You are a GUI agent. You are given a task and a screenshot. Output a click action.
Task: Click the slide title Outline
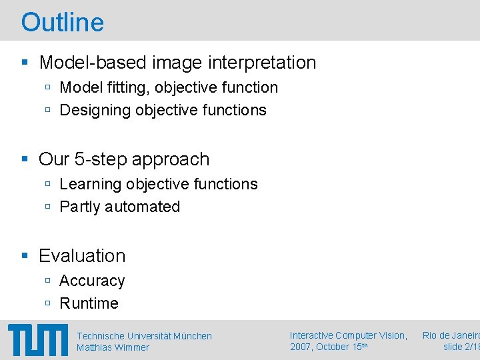pos(63,22)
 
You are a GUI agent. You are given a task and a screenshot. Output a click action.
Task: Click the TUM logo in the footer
pos(37,340)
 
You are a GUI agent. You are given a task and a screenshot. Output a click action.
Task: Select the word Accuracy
pos(92,281)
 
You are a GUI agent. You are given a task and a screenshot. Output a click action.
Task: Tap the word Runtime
pos(89,303)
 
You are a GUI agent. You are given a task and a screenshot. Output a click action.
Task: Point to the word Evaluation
pos(82,256)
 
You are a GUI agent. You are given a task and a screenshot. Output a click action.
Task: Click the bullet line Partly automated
pos(119,207)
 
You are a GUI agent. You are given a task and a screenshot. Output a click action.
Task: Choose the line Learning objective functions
pos(158,184)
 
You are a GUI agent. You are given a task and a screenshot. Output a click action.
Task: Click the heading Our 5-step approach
pos(124,159)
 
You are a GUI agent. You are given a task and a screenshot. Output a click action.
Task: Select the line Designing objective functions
pos(163,110)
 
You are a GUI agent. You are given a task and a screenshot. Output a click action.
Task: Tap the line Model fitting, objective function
pos(169,87)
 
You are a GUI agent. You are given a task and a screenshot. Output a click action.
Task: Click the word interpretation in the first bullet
pos(262,63)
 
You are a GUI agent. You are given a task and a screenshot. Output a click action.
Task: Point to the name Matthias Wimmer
pos(113,347)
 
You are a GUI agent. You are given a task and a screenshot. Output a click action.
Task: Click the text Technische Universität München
pos(144,336)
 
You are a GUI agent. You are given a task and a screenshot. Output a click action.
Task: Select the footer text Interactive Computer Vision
pos(348,335)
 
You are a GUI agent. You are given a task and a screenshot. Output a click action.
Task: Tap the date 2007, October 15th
pos(328,347)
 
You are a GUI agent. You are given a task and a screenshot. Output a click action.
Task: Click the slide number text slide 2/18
pos(461,347)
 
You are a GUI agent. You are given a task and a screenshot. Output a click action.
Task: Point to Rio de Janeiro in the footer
pos(451,335)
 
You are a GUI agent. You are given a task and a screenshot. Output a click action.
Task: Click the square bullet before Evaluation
pos(25,256)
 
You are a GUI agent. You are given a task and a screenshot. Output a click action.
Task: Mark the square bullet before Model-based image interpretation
pos(25,63)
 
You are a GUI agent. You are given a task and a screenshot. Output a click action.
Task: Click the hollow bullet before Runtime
pos(48,303)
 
